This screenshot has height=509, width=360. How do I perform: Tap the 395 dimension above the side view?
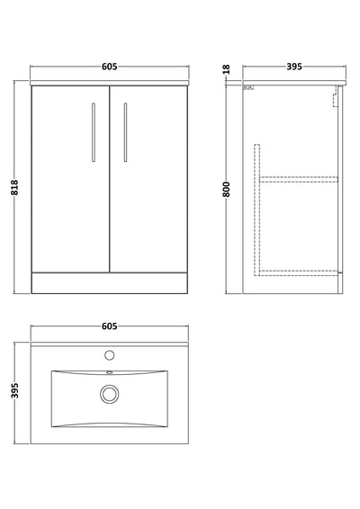(x=291, y=67)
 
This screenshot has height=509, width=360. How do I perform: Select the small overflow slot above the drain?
(x=110, y=370)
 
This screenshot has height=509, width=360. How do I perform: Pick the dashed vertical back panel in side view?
(x=257, y=207)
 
